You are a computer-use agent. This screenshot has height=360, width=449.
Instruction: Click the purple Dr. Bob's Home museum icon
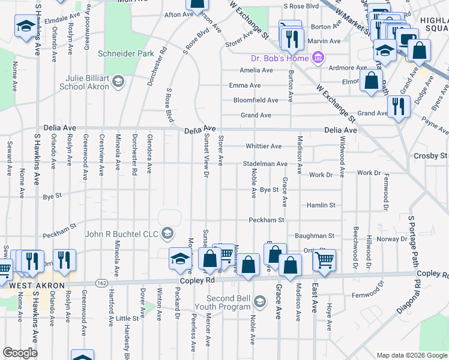(318, 58)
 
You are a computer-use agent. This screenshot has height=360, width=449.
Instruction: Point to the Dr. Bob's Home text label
(280, 58)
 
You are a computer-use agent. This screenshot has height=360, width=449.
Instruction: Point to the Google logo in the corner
(20, 353)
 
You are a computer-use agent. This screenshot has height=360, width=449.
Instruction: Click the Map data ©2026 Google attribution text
(411, 355)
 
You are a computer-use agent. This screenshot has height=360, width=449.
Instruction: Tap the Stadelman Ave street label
(265, 163)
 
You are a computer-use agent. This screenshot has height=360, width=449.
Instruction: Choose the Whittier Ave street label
(264, 146)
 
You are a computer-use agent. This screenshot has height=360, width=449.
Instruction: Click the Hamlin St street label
(321, 205)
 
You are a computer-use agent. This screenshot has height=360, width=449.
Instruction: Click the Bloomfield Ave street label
(256, 100)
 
